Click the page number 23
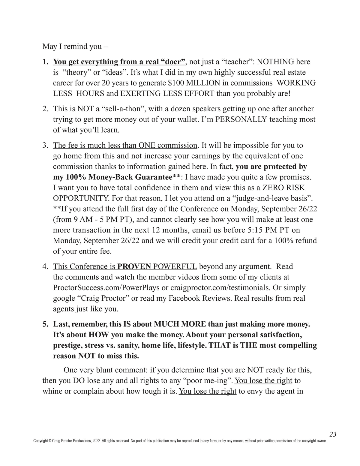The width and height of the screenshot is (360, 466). pos(333,434)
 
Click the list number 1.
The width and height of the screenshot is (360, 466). pos(45,62)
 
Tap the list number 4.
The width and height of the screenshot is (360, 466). pos(45,267)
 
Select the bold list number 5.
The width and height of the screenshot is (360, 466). pos(45,324)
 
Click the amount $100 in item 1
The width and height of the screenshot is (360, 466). pos(176,83)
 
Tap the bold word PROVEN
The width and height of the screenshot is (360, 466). pos(134,267)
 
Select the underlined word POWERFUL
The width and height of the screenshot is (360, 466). pos(175,267)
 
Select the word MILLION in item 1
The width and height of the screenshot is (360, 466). pos(203,83)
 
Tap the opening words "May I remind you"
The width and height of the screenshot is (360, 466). pos(72,47)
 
